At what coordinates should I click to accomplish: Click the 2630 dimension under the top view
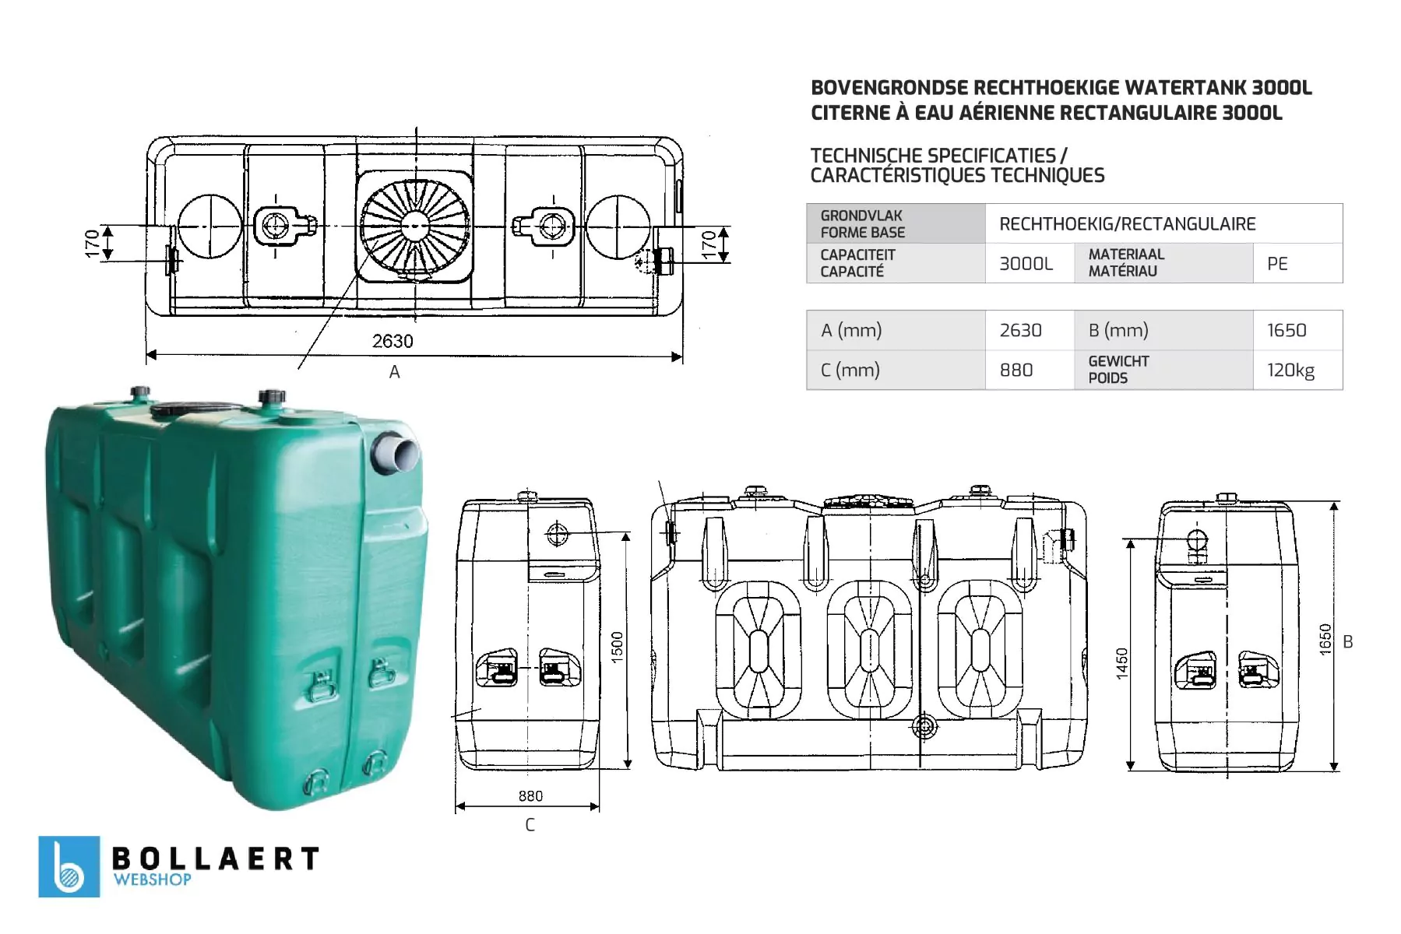click(x=392, y=341)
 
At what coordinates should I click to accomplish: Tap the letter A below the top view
click(x=395, y=372)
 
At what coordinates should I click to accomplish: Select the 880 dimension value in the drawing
click(x=530, y=795)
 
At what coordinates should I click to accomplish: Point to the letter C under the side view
click(x=530, y=825)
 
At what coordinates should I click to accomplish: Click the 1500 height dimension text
click(x=618, y=648)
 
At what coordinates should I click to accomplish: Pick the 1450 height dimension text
click(x=1122, y=663)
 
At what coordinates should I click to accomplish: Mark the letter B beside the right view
click(x=1348, y=642)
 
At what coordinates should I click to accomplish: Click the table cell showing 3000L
click(x=1026, y=264)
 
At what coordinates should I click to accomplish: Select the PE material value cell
click(x=1297, y=264)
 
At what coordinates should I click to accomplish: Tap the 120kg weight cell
click(x=1297, y=370)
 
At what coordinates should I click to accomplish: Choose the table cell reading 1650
click(x=1297, y=330)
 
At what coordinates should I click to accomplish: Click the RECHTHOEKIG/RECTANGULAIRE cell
click(x=1163, y=224)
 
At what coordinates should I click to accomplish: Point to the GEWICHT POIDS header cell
click(x=1163, y=370)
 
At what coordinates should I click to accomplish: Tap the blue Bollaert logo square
click(x=69, y=866)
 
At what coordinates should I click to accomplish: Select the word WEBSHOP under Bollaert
click(x=153, y=880)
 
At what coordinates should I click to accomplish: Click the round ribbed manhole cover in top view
click(x=415, y=226)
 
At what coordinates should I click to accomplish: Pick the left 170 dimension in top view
click(x=93, y=243)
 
